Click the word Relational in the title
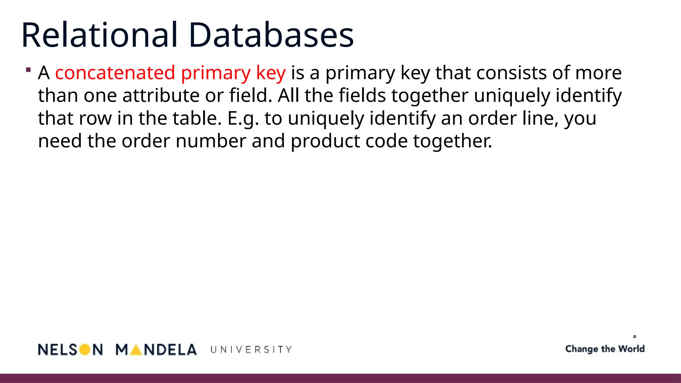[x=99, y=35]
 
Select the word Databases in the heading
[x=271, y=35]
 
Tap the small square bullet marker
[x=28, y=70]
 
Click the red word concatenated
[x=115, y=73]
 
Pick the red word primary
[x=216, y=73]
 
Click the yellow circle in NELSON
[x=85, y=349]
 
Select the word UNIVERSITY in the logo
[x=251, y=350]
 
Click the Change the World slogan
[x=605, y=349]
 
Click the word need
[x=60, y=141]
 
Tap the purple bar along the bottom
[x=340, y=378]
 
